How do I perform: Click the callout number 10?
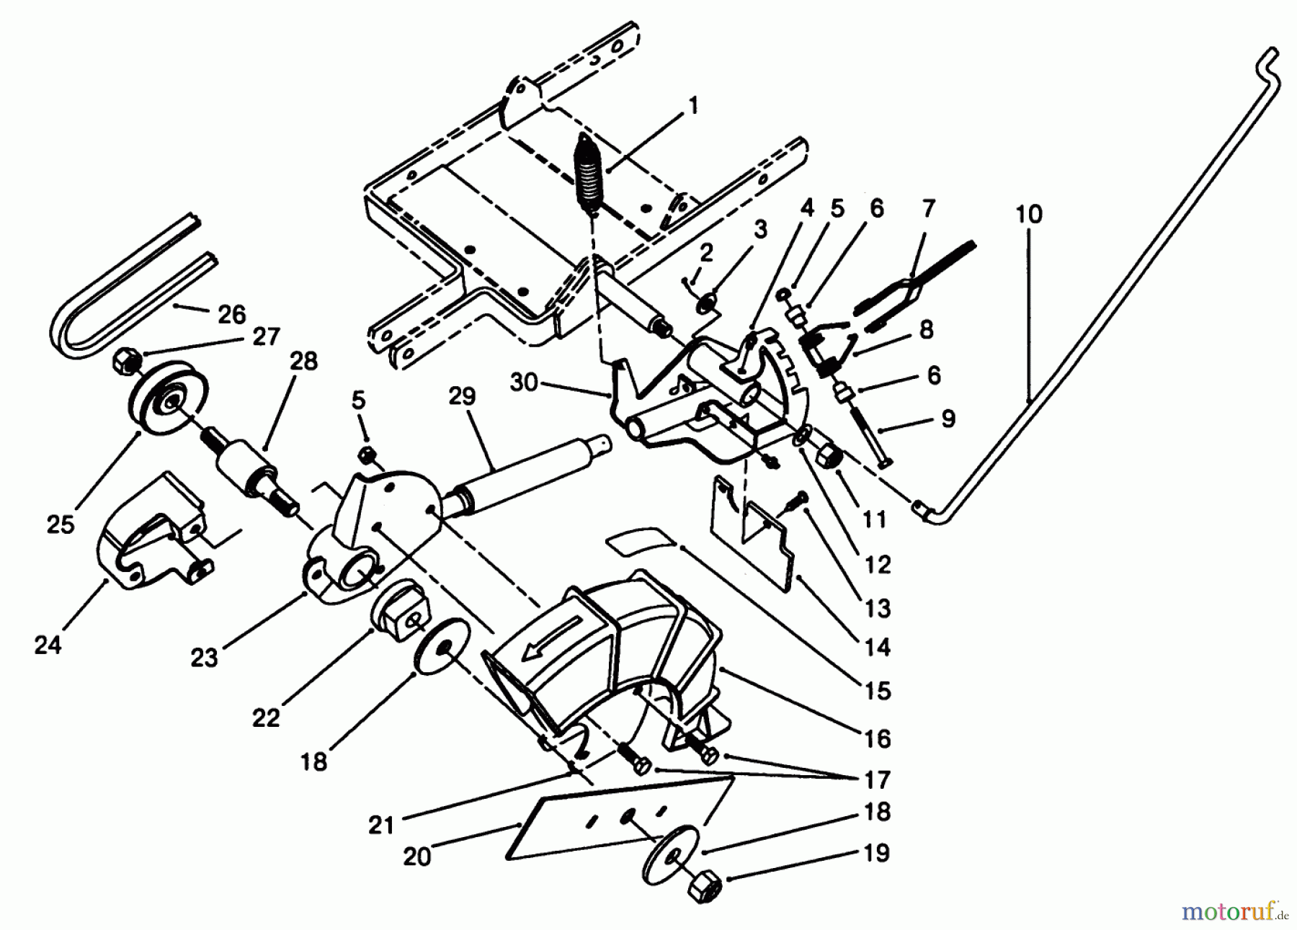[x=1029, y=215]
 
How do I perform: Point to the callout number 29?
[x=462, y=397]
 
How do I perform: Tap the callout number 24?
[x=48, y=645]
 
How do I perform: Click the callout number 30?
[x=525, y=383]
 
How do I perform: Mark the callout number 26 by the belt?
[x=231, y=314]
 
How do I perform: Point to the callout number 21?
[x=381, y=824]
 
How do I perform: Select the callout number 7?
[x=928, y=209]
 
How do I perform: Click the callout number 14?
[x=877, y=648]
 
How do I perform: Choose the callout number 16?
[x=878, y=738]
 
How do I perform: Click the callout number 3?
[x=761, y=231]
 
